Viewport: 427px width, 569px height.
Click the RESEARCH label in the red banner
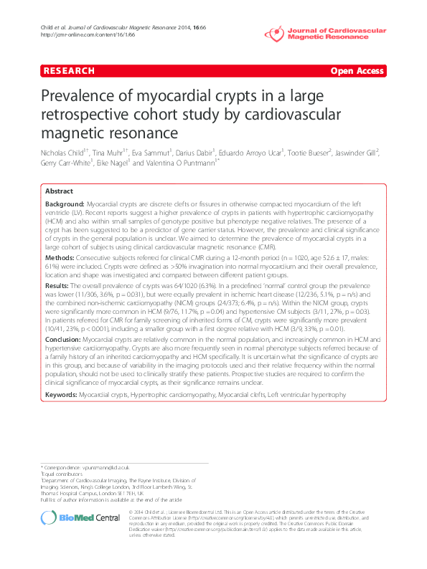70,71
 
